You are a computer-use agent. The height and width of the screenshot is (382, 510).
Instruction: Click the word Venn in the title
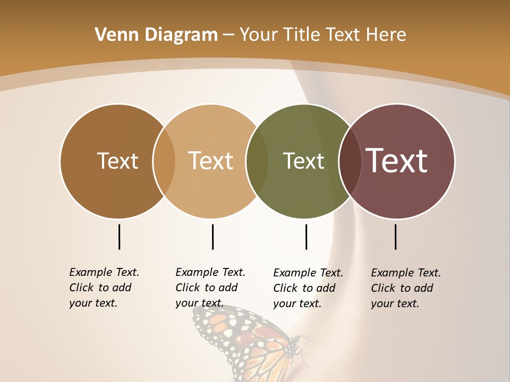pos(112,35)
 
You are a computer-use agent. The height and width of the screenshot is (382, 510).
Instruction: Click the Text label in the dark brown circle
pos(117,161)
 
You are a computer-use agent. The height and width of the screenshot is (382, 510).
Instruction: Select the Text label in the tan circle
pos(211,161)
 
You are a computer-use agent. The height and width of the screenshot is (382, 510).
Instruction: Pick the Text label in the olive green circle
pos(303,161)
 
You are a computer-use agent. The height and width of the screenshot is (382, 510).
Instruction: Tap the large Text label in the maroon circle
pos(397,161)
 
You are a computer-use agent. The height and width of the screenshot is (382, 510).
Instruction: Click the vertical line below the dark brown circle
pos(119,237)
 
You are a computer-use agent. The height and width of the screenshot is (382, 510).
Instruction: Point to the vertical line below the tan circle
pos(212,237)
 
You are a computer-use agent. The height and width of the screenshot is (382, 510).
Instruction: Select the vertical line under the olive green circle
pos(306,237)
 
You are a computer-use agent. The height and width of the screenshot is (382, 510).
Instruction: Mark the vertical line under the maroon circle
pos(395,237)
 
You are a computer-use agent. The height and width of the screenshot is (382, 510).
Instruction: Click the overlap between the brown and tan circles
pos(164,161)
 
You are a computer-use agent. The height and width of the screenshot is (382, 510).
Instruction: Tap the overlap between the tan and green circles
pos(257,161)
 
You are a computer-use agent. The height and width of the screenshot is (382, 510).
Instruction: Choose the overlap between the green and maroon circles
pos(350,161)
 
